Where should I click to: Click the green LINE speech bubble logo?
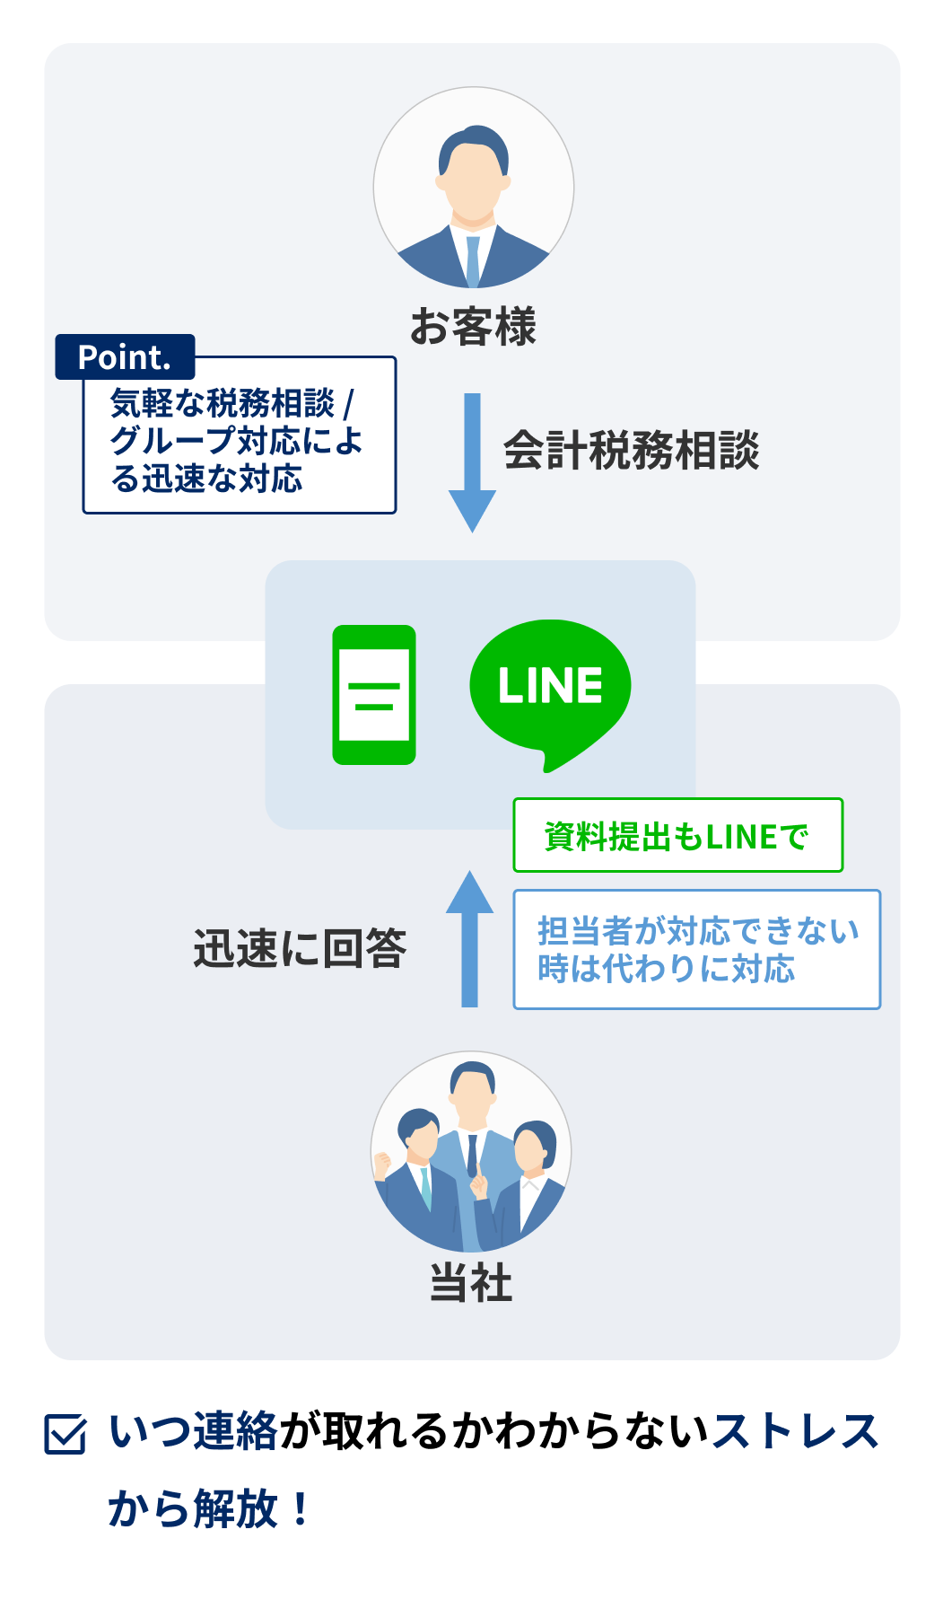click(549, 687)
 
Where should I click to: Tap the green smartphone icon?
click(374, 695)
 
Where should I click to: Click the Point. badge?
click(125, 357)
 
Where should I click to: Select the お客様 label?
click(473, 326)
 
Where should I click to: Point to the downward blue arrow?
click(472, 462)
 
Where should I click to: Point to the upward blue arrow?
click(470, 938)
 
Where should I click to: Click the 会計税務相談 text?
click(631, 451)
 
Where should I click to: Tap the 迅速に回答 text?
click(300, 948)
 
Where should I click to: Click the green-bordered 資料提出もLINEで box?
click(677, 836)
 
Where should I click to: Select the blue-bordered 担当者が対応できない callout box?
click(696, 950)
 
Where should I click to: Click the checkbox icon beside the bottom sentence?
click(65, 1433)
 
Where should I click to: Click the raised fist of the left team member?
click(383, 1164)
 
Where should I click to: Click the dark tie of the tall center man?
click(472, 1155)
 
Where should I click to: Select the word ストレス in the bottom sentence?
click(795, 1431)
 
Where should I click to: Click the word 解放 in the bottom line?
click(235, 1508)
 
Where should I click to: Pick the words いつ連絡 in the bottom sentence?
click(193, 1431)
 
